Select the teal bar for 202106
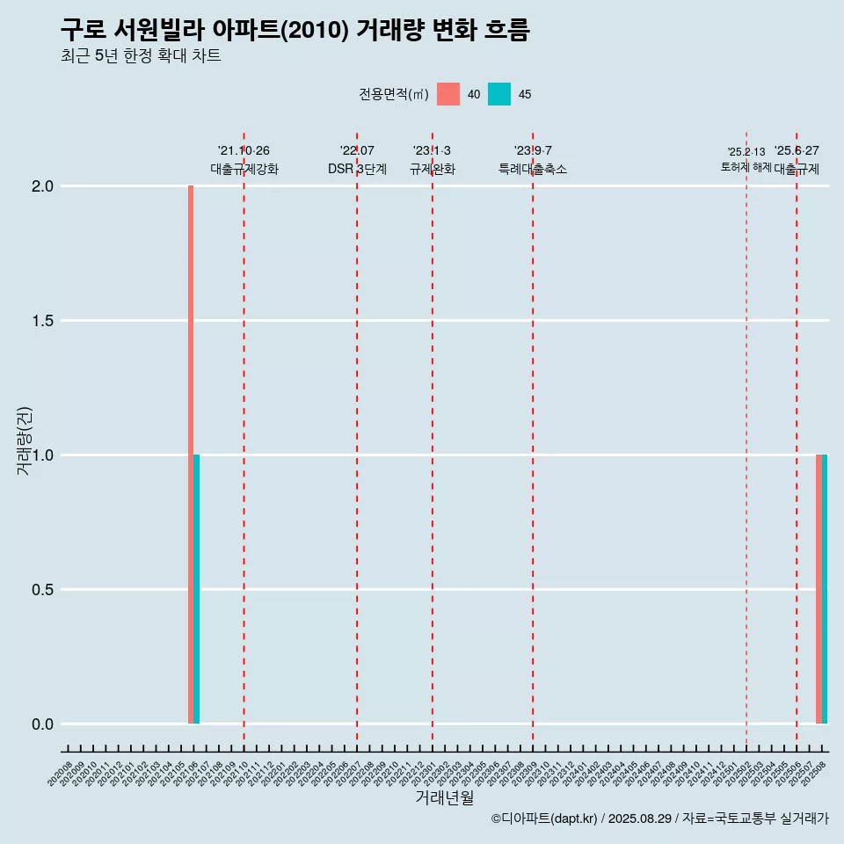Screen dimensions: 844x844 [197, 589]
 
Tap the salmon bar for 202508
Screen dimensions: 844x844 [819, 589]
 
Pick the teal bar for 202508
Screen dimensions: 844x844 [825, 589]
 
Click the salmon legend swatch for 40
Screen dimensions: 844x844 [448, 94]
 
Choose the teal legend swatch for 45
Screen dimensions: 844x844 [499, 94]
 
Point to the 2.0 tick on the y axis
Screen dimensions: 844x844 [43, 186]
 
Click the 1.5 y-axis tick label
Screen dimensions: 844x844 [43, 321]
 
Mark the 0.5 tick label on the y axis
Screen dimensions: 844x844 [43, 590]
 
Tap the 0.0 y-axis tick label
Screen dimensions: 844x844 [43, 724]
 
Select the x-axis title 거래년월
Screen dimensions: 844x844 [444, 798]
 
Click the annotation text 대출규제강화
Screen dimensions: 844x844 [244, 169]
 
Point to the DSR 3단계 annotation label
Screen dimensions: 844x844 [357, 169]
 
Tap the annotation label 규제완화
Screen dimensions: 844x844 [433, 169]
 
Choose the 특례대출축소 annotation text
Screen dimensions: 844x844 [533, 169]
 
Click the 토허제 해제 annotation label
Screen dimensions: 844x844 [746, 167]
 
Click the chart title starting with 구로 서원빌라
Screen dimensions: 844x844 [295, 30]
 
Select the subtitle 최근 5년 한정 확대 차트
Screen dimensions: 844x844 [141, 56]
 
